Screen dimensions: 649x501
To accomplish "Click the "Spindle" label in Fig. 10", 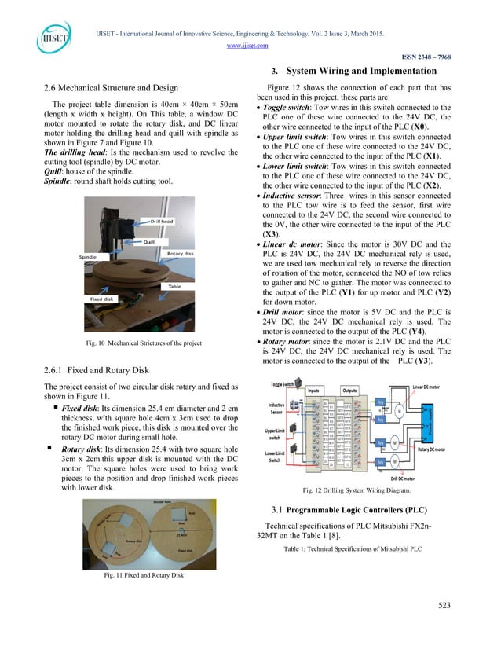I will pos(91,257).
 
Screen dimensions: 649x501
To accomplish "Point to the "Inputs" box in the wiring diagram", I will pos(315,389).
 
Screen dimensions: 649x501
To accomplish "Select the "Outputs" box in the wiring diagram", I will pos(349,389).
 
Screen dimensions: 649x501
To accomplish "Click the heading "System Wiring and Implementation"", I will pos(365,71).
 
